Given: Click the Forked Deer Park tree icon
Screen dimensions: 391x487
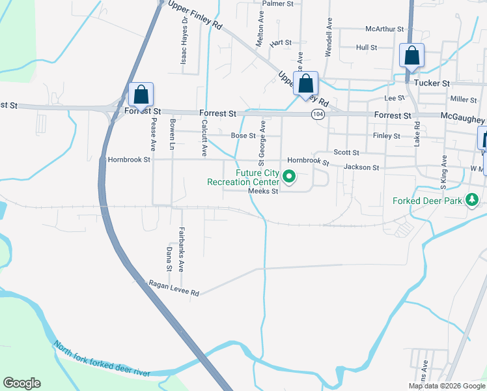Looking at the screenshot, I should click(473, 201).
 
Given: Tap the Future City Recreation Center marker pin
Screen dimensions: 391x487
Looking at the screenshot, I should click(290, 176).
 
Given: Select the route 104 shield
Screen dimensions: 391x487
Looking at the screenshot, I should click(317, 114).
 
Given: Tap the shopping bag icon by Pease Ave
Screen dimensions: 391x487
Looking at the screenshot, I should click(141, 95).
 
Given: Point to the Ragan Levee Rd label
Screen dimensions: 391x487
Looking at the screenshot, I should click(174, 289).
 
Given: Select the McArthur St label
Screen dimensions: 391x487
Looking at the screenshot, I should click(385, 29).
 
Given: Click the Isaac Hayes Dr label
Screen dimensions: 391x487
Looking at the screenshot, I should click(184, 40).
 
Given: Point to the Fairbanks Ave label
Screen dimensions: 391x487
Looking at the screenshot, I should click(182, 248).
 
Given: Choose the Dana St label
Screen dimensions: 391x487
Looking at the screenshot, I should click(169, 259).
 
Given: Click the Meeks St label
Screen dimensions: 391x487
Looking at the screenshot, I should click(263, 191).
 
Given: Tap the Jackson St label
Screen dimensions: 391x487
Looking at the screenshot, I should click(361, 167).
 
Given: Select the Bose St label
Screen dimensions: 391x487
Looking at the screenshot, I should click(243, 136).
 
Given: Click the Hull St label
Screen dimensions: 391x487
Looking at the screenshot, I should click(367, 48).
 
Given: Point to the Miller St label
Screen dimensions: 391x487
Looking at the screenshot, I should click(463, 99).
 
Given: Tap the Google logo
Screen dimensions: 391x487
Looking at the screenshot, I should click(21, 383).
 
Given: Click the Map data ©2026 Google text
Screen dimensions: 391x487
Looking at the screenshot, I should click(447, 386).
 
